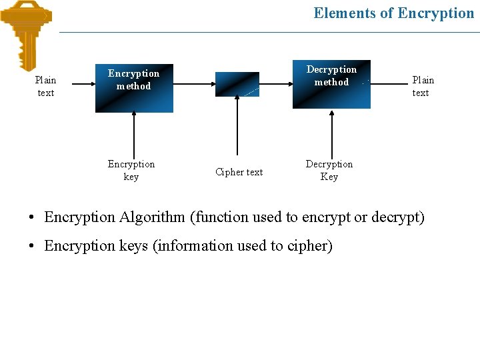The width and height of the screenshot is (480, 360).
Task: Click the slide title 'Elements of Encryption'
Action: [x=393, y=13]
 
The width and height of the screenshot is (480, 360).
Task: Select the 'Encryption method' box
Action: [x=134, y=87]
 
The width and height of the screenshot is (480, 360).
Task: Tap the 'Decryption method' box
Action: [x=331, y=84]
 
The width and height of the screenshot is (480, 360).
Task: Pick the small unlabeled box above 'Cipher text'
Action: [x=237, y=84]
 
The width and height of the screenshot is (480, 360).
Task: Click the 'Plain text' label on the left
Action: [x=46, y=86]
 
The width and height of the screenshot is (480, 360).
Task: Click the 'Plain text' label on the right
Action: [x=423, y=86]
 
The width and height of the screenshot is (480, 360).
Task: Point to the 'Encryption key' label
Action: [x=131, y=170]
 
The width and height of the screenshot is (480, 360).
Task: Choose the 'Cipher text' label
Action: [x=239, y=172]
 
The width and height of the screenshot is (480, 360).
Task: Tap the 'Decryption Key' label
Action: [x=329, y=170]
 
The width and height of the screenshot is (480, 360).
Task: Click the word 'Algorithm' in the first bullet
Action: [x=152, y=217]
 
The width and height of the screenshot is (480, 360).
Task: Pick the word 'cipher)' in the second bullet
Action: [x=309, y=246]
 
